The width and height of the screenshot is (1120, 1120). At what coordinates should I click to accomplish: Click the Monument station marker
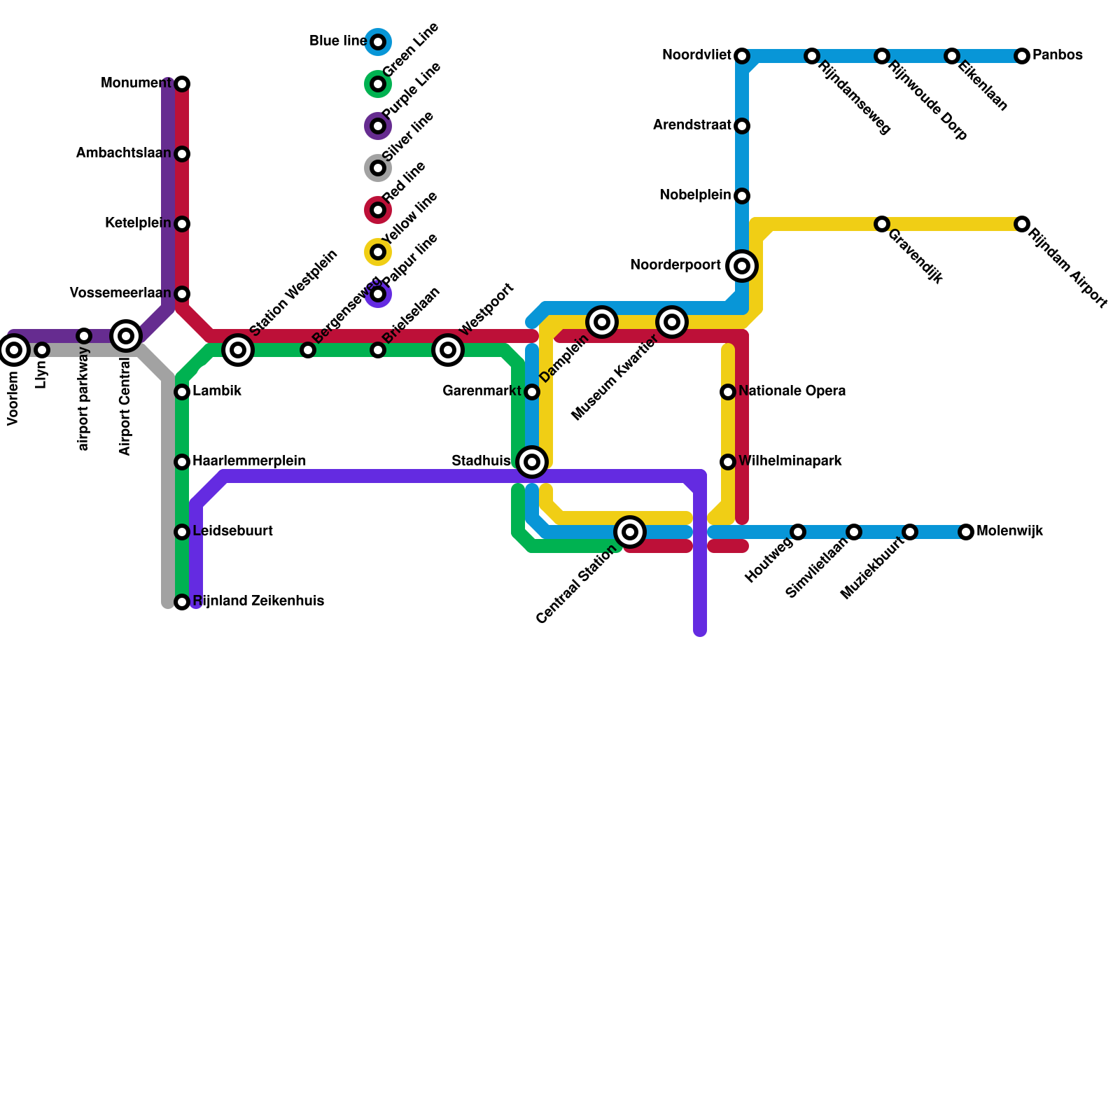182,84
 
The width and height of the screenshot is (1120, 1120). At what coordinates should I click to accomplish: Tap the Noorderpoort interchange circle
742,266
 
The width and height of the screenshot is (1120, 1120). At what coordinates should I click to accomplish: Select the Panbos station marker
1022,56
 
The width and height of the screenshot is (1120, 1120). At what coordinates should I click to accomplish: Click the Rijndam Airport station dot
1022,224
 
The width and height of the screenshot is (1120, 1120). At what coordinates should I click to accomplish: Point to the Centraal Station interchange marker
630,532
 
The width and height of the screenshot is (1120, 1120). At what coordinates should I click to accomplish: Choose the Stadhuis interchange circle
532,462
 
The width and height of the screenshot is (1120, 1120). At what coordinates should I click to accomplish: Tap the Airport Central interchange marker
126,336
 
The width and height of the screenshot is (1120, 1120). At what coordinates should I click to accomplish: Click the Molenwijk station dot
966,532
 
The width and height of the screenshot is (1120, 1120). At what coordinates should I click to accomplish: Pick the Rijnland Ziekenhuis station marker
182,602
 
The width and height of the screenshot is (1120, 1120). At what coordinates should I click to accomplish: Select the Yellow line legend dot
378,252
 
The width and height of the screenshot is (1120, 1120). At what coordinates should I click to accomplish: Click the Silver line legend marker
378,168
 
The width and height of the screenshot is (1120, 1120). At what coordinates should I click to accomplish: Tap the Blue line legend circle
378,42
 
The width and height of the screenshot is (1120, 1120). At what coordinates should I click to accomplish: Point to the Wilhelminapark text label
790,461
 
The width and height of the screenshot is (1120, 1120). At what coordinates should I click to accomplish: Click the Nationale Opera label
792,391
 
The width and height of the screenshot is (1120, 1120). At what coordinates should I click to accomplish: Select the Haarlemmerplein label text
248,461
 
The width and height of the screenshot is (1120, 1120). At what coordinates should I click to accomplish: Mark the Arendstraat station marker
742,126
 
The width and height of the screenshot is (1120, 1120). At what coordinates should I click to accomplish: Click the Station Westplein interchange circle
238,350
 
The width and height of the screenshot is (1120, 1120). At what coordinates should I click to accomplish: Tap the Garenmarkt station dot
532,392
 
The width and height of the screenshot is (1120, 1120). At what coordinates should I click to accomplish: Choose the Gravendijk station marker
882,224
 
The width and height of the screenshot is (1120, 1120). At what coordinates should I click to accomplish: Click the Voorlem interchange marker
14,350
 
